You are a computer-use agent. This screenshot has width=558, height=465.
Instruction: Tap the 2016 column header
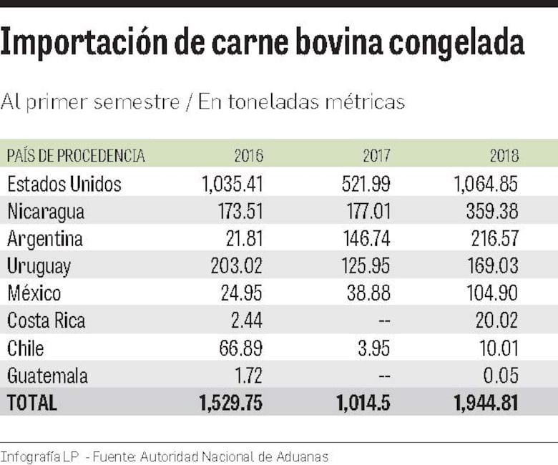click(x=248, y=155)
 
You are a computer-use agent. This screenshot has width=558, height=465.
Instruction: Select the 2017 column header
click(x=376, y=155)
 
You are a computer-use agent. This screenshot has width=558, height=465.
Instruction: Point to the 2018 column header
click(x=504, y=155)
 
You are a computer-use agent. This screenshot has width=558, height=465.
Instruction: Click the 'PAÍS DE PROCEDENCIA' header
click(x=76, y=155)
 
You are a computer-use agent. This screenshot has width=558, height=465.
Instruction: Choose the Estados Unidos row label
click(x=64, y=184)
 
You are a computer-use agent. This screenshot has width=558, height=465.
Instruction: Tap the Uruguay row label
click(x=39, y=267)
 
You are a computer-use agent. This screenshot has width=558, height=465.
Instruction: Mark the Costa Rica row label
click(x=46, y=320)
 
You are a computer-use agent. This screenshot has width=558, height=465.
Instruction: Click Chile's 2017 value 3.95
click(x=373, y=348)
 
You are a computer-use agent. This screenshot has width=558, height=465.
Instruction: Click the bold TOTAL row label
click(x=31, y=403)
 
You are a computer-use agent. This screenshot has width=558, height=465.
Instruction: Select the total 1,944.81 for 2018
click(x=486, y=403)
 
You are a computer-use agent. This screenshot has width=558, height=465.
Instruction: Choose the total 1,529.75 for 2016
click(x=231, y=403)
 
